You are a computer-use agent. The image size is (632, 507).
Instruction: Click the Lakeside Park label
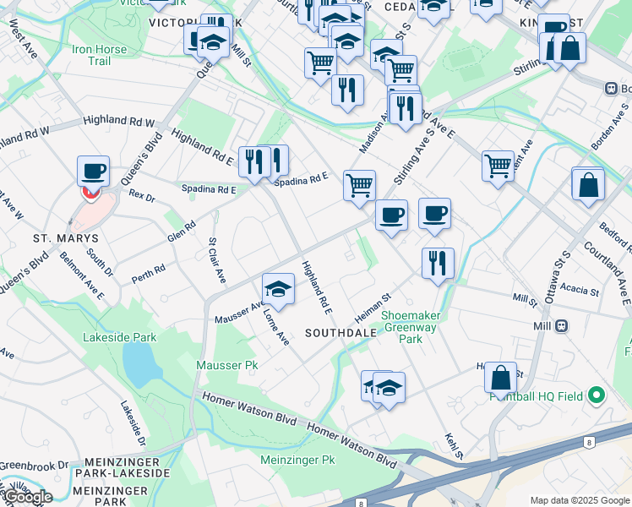(120, 337)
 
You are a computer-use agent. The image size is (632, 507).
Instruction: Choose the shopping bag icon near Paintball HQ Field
(500, 378)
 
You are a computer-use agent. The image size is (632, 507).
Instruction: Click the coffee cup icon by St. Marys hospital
(94, 172)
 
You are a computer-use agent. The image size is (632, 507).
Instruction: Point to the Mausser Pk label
(226, 365)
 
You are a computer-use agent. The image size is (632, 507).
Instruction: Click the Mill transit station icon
(560, 325)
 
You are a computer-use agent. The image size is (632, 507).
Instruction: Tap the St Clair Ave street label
(217, 260)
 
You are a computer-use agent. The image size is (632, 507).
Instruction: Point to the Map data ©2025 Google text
(580, 500)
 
